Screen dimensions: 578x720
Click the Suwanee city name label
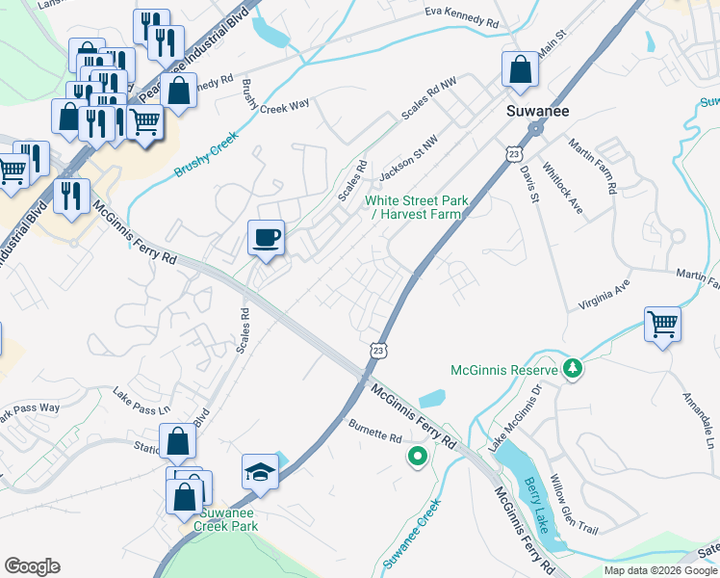click(x=538, y=112)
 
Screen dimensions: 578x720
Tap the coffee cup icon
click(x=266, y=236)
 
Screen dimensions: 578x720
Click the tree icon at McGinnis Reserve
click(x=573, y=369)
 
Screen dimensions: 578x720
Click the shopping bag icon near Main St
click(x=519, y=68)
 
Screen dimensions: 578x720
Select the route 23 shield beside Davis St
click(x=515, y=154)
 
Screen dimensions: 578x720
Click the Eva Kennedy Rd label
click(x=462, y=16)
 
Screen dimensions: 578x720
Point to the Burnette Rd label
click(x=374, y=437)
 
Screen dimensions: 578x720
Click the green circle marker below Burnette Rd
click(x=417, y=457)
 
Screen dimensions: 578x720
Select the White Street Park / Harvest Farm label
click(x=417, y=207)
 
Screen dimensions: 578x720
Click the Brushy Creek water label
click(x=206, y=154)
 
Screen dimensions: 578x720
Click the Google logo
click(x=32, y=566)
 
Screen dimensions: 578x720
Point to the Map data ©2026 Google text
click(x=659, y=570)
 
